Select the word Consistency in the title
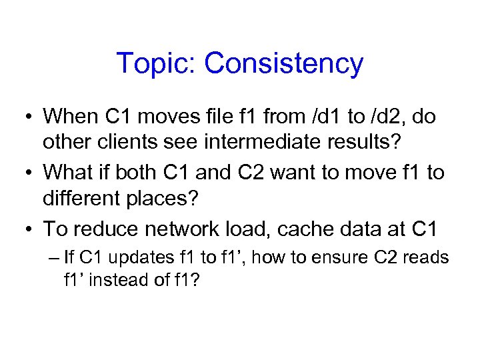click(x=284, y=64)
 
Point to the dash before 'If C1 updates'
click(x=52, y=257)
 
